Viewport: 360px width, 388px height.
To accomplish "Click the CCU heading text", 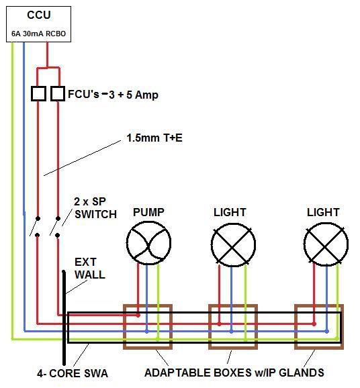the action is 39,15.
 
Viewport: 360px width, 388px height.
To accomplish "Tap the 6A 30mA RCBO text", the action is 39,34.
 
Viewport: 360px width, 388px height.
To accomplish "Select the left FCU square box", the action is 38,93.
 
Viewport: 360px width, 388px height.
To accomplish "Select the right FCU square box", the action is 58,93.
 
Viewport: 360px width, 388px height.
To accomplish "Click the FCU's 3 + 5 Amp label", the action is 113,95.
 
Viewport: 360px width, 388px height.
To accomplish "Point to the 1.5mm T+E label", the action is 154,138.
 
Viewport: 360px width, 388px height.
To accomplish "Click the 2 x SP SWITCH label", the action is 95,208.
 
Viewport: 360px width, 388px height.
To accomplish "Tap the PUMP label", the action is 148,212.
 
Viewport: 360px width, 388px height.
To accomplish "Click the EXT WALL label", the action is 89,269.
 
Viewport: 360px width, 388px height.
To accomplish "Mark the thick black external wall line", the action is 64,318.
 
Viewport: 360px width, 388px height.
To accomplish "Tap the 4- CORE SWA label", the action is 73,373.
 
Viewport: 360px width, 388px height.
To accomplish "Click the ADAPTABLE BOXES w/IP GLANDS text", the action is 234,373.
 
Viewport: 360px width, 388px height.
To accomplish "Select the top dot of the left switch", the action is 38,218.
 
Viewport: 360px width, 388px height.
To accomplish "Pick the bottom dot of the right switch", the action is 58,235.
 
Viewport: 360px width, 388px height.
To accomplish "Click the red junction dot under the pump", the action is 138,316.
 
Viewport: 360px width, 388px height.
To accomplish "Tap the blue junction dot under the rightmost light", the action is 327,331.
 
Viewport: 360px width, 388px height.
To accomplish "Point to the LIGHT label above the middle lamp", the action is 230,212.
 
